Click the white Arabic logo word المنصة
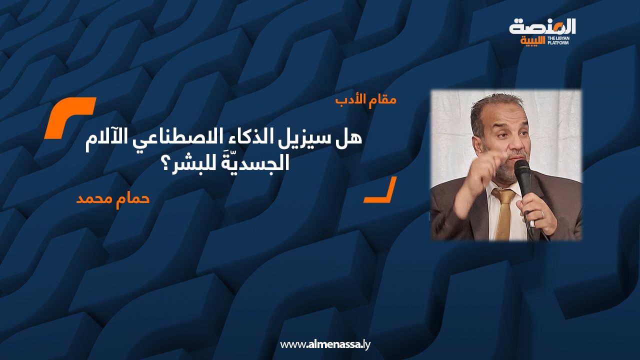(542, 27)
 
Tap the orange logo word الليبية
(532, 41)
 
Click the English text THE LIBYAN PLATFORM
(558, 40)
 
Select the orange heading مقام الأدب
(365, 100)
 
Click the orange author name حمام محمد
(113, 199)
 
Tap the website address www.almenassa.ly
(325, 344)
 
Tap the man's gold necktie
(504, 212)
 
